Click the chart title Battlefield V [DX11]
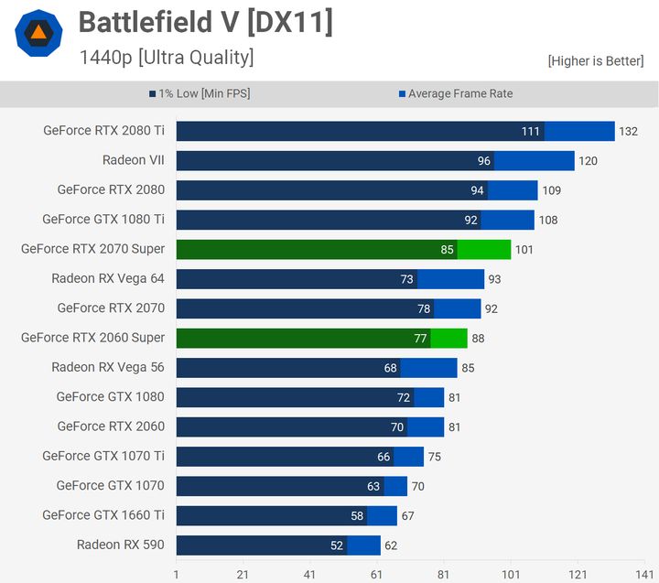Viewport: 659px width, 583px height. click(x=205, y=23)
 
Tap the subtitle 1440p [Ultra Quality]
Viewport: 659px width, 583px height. click(x=166, y=58)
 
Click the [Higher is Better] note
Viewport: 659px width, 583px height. click(x=595, y=60)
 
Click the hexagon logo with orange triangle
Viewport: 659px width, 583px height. click(x=38, y=34)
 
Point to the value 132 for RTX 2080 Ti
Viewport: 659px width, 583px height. click(x=628, y=132)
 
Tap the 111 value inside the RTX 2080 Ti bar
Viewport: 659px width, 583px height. click(x=531, y=132)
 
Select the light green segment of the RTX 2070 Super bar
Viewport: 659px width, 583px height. click(x=484, y=249)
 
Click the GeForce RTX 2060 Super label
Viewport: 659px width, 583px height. click(x=92, y=338)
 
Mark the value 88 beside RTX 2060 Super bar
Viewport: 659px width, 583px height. click(x=478, y=339)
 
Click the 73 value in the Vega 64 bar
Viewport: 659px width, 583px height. click(x=407, y=279)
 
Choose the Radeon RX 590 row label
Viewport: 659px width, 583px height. click(x=120, y=545)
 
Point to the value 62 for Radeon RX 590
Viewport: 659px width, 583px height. click(x=391, y=545)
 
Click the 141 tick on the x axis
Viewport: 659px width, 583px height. click(x=644, y=574)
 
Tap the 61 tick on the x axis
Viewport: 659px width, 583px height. click(x=377, y=574)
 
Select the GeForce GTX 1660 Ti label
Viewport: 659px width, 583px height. click(x=103, y=515)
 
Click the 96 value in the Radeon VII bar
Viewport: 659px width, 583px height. click(x=484, y=161)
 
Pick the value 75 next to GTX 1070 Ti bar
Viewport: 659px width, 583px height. click(x=434, y=457)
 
